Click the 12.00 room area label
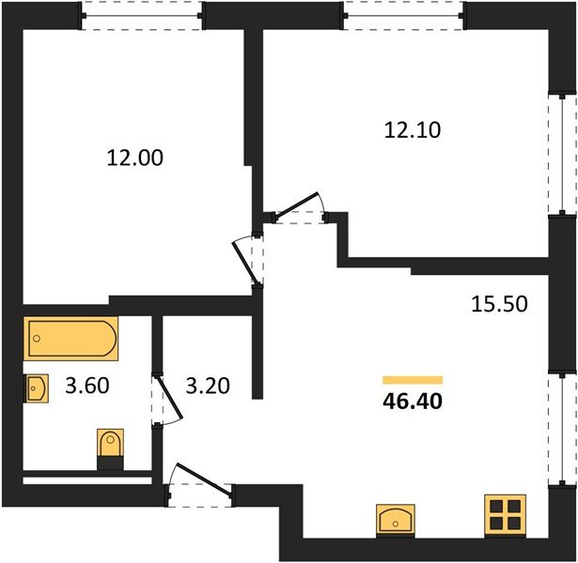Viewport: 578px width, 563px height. point(135,159)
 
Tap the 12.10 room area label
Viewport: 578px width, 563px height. point(413,130)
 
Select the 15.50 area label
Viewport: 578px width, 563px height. point(499,304)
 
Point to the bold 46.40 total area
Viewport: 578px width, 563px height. point(413,401)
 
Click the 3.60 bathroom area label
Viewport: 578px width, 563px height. point(87,386)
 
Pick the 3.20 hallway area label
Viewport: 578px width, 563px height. point(208,386)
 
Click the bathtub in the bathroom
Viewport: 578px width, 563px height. point(70,338)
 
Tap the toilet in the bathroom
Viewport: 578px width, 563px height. point(110,449)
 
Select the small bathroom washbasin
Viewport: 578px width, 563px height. point(36,388)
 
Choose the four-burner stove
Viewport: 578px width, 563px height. point(505,516)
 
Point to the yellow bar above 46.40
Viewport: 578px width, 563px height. point(413,380)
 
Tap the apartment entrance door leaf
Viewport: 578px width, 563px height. point(204,479)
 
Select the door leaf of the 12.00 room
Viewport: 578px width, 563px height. point(244,264)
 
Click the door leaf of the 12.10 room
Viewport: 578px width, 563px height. point(297,205)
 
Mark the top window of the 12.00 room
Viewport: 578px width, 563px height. point(142,16)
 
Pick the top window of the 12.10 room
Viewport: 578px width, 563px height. point(404,16)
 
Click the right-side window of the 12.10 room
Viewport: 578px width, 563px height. point(562,154)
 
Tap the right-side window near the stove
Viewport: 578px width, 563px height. point(562,428)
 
